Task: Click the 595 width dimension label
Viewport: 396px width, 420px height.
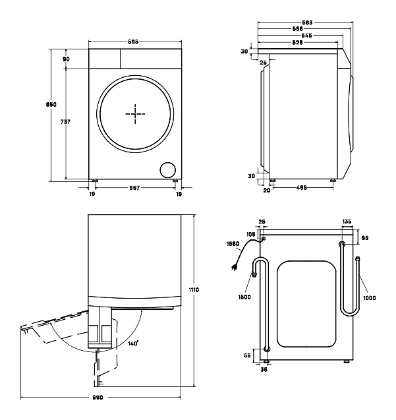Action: [133, 42]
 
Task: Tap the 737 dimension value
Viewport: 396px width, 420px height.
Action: [65, 122]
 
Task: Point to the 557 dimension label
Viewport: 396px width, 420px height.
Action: [134, 188]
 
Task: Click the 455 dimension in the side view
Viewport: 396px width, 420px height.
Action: [301, 188]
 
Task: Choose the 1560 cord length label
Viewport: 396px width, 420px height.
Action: [233, 243]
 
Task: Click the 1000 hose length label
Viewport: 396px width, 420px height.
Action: [369, 297]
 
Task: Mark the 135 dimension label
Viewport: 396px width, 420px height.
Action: [347, 222]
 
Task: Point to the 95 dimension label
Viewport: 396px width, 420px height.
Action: [364, 237]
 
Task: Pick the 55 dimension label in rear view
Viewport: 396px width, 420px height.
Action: [248, 355]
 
